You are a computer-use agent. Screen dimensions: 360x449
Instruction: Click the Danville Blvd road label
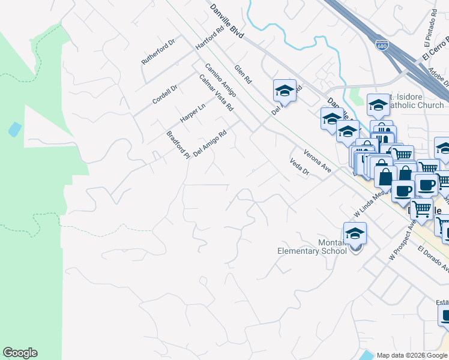pyautogui.click(x=227, y=23)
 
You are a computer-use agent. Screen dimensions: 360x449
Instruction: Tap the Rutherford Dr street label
pyautogui.click(x=158, y=53)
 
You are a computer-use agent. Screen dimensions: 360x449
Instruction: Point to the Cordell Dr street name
pyautogui.click(x=165, y=94)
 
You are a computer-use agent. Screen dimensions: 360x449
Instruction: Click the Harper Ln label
pyautogui.click(x=193, y=112)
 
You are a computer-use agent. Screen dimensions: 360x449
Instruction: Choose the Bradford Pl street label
pyautogui.click(x=178, y=144)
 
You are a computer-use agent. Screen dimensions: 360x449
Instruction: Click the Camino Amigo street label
pyautogui.click(x=220, y=80)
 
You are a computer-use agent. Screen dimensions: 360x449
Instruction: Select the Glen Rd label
pyautogui.click(x=244, y=74)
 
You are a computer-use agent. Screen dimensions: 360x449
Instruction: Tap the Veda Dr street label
pyautogui.click(x=298, y=167)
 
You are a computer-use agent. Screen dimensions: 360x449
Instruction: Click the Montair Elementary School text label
pyautogui.click(x=312, y=247)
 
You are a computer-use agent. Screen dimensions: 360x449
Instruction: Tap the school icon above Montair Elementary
pyautogui.click(x=355, y=233)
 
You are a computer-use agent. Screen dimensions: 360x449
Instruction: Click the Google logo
pyautogui.click(x=20, y=353)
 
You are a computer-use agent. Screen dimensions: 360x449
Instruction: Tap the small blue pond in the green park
pyautogui.click(x=15, y=129)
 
